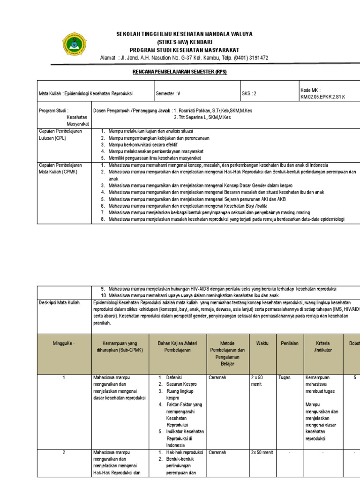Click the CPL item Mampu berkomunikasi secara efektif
coord(143,145)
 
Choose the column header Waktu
coord(262,344)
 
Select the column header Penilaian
coord(289,344)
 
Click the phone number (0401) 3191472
coord(248,58)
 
